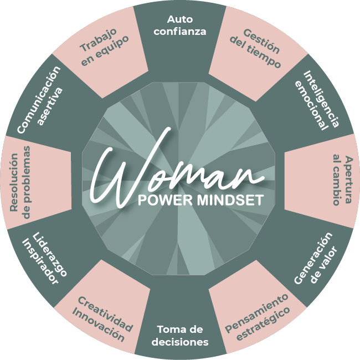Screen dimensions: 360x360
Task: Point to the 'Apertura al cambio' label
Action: click(x=337, y=180)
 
